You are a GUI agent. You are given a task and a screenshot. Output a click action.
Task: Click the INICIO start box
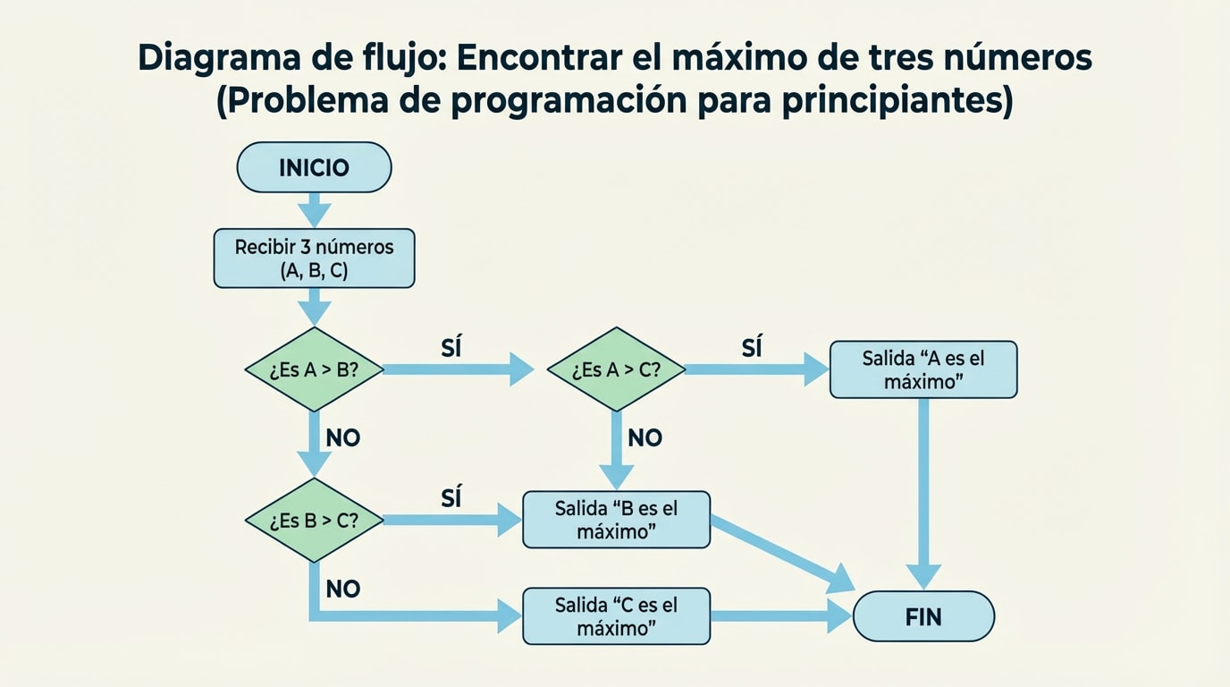coord(314,167)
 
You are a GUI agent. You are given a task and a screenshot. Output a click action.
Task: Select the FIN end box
coord(923,616)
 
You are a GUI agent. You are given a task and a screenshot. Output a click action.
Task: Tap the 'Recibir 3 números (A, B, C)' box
coord(314,259)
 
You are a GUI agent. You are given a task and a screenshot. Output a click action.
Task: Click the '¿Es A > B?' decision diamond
coord(314,369)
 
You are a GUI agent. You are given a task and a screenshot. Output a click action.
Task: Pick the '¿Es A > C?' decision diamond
coord(616,369)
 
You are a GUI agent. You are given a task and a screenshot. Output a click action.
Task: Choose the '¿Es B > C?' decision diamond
coord(314,521)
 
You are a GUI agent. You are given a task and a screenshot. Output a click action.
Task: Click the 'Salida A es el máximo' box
coord(923,369)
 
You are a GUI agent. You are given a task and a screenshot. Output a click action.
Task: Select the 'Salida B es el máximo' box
coord(616,520)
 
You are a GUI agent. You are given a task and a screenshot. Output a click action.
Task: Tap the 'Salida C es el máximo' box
coord(616,616)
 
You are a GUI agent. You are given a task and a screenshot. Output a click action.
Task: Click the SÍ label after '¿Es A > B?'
coord(451,348)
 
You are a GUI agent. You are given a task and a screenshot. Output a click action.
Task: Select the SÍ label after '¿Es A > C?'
coord(752,348)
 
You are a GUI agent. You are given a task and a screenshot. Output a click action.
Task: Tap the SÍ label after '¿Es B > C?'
coord(451,498)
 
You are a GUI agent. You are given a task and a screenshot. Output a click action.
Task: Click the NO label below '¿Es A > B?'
coord(343,438)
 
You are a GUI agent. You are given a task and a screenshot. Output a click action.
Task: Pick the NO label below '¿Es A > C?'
coord(645,438)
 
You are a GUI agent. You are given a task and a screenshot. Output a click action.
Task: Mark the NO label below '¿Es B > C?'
coord(343,589)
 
